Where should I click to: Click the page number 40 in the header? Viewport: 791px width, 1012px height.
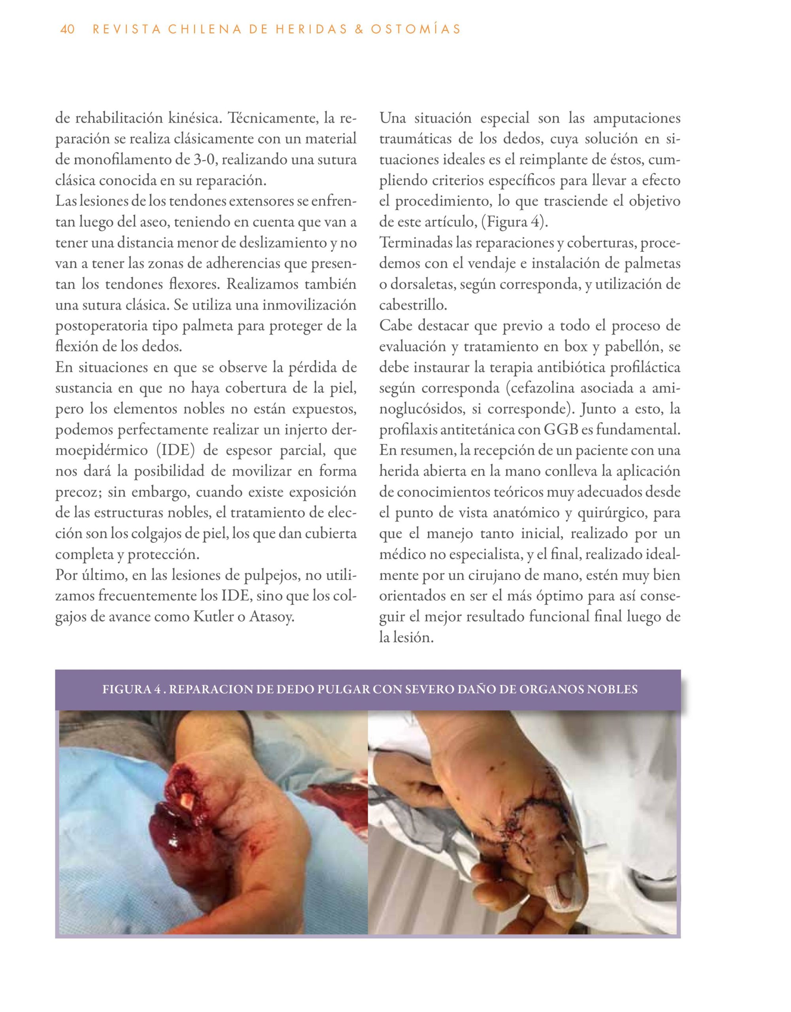(67, 30)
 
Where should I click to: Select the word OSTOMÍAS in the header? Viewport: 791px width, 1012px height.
(420, 30)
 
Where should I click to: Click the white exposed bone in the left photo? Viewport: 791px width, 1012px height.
(188, 801)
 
